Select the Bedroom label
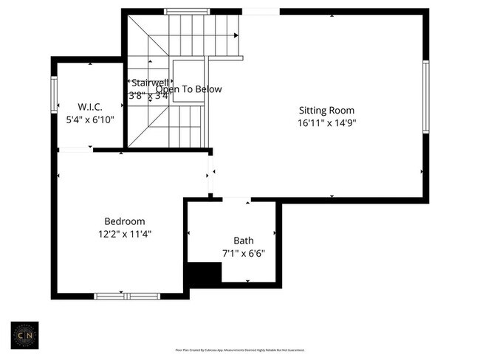[124, 221]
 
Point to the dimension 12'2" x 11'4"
[124, 234]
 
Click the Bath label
[243, 240]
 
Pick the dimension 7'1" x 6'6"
[243, 253]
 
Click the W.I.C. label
[91, 106]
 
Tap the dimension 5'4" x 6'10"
[91, 119]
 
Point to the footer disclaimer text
[239, 350]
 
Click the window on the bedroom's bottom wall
[127, 296]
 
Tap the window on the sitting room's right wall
[425, 97]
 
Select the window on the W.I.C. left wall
[54, 95]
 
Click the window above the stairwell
[185, 11]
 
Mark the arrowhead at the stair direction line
[237, 35]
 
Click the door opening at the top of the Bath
[236, 198]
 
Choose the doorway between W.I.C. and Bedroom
[75, 150]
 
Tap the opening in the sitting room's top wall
[261, 11]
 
